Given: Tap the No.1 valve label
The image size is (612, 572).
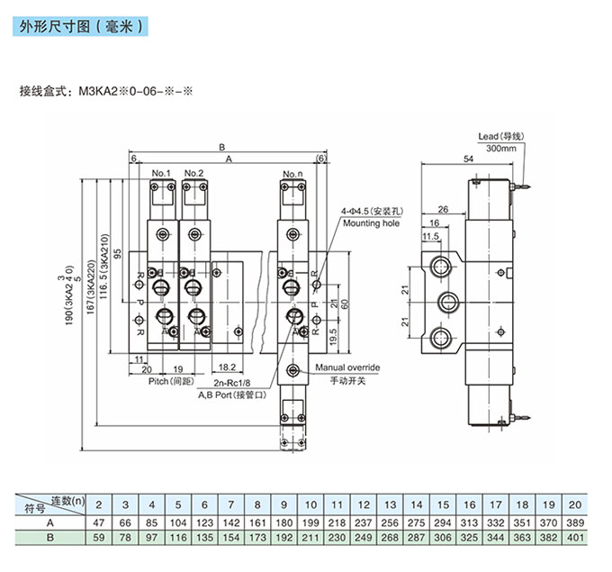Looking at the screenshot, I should (x=161, y=172).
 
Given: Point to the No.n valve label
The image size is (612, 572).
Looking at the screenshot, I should (x=292, y=172).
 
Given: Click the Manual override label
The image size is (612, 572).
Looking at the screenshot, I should (x=347, y=368).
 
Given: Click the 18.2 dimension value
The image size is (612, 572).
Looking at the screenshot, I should (x=227, y=368).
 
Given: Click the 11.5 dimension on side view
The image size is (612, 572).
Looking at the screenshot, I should (x=430, y=236).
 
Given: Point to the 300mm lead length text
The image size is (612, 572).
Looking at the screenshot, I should (x=500, y=149).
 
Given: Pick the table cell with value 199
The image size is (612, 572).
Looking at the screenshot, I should (x=309, y=523).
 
